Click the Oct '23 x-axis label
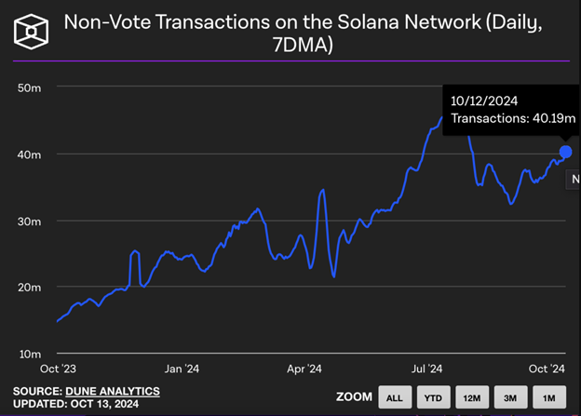[x=59, y=369]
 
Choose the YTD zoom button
[x=433, y=397]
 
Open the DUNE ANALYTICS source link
[x=112, y=391]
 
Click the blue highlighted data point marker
[x=565, y=152]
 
